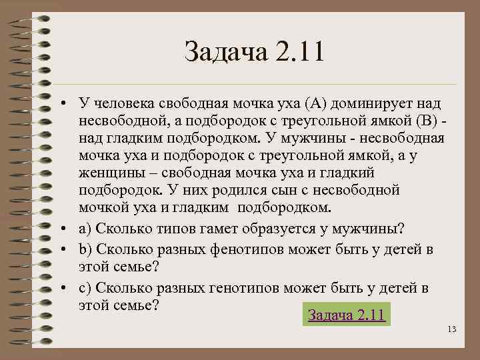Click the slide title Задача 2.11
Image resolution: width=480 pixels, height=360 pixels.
pyautogui.click(x=254, y=53)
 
